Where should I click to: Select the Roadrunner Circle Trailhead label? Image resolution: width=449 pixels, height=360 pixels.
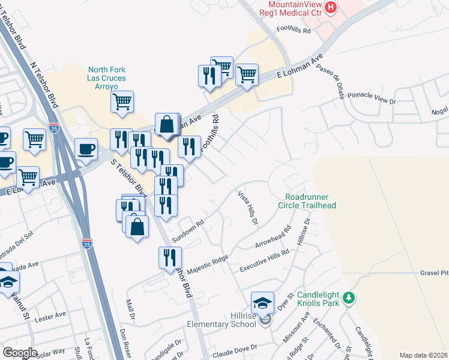click(x=310, y=200)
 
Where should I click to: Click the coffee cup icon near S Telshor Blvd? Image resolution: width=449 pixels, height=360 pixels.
click(x=86, y=148)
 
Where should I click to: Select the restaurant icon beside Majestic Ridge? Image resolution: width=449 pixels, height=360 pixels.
click(x=170, y=257)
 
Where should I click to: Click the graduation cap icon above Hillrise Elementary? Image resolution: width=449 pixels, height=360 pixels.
click(x=262, y=302)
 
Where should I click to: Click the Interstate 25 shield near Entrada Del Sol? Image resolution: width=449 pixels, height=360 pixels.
click(x=85, y=243)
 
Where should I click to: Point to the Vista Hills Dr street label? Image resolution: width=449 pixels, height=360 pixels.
click(x=247, y=208)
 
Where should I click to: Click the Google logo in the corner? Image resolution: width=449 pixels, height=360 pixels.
click(x=20, y=353)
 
